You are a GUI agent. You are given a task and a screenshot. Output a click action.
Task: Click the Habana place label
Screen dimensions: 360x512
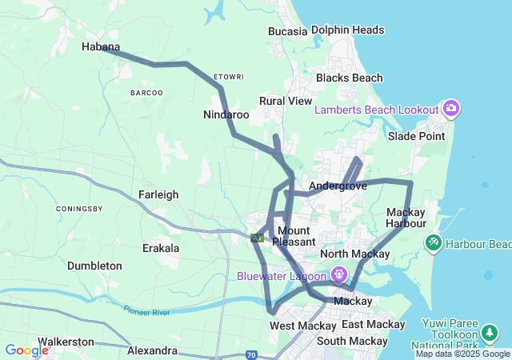point(101,47)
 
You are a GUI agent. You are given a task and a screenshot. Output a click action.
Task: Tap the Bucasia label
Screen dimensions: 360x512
point(287,31)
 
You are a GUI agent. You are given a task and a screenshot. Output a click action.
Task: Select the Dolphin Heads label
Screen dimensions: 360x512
point(347,30)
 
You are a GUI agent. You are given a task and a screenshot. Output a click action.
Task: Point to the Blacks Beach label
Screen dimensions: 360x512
point(349,78)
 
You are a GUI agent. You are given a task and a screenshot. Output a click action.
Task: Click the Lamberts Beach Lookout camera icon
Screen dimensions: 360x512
point(451,109)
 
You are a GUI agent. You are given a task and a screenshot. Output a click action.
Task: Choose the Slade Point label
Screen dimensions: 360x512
point(416,136)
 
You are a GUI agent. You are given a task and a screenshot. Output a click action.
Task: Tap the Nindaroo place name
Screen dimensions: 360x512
point(226,115)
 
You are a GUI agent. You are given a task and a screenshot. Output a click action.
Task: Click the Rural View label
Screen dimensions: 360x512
point(285,102)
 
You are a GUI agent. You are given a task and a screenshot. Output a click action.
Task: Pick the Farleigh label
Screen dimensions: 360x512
point(158,194)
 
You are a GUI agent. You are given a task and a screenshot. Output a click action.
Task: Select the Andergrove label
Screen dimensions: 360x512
point(337,186)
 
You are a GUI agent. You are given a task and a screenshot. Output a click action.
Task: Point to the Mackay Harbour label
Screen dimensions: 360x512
point(410,218)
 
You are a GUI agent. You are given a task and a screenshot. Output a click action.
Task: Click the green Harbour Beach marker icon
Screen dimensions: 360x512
point(433,241)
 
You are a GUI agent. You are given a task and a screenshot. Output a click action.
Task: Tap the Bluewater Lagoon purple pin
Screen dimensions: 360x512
point(339,274)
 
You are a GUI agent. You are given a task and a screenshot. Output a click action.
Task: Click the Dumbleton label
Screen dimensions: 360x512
point(94,266)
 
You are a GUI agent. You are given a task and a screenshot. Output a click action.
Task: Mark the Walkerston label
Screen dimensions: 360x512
point(66,342)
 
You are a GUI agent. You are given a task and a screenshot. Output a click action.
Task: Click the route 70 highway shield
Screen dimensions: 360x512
point(251,354)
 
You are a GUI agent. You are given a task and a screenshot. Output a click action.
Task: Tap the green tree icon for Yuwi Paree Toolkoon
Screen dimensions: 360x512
point(490,333)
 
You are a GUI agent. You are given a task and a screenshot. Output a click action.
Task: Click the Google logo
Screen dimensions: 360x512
point(26,350)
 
